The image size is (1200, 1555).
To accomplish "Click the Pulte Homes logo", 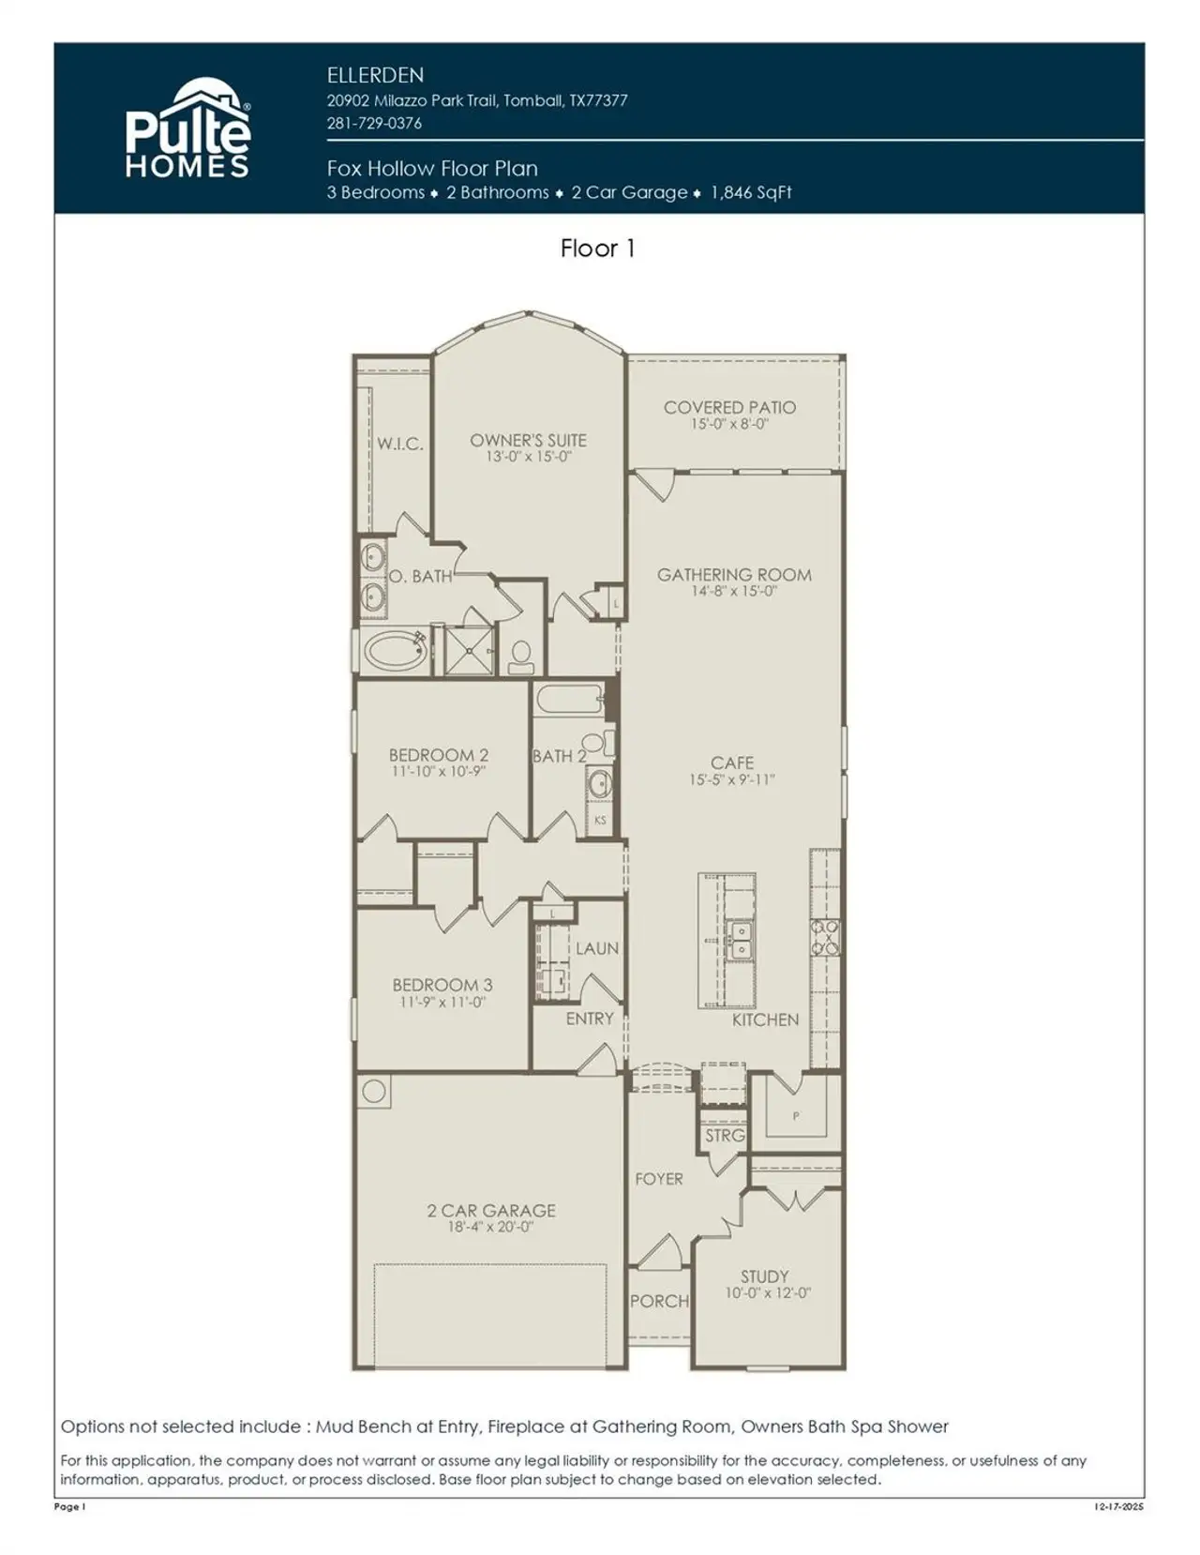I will click(188, 129).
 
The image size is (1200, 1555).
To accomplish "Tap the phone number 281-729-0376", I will click(374, 123).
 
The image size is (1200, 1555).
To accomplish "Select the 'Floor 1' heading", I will click(597, 249).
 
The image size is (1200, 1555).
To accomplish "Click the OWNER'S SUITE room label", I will click(528, 440).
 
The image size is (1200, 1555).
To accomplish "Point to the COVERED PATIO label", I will click(729, 407).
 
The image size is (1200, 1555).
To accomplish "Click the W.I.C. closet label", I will click(400, 444).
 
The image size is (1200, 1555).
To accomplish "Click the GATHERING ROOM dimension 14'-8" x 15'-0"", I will click(734, 592).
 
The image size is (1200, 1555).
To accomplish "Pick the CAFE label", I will click(732, 762).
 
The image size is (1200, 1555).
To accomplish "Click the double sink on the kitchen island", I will click(741, 941).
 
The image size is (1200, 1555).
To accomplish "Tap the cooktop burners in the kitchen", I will click(826, 937).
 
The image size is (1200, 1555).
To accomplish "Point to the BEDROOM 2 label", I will click(438, 755).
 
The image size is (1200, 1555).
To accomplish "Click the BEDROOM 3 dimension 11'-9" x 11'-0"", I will click(442, 1003).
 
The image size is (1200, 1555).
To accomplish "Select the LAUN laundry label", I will click(596, 948).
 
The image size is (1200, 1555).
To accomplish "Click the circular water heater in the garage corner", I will click(374, 1091).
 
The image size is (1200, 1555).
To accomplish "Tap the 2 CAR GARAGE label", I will click(491, 1210).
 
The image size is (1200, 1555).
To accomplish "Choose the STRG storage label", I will click(725, 1135).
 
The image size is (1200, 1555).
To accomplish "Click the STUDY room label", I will click(764, 1276).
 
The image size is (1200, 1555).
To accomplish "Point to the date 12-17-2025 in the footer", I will click(1118, 1507).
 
